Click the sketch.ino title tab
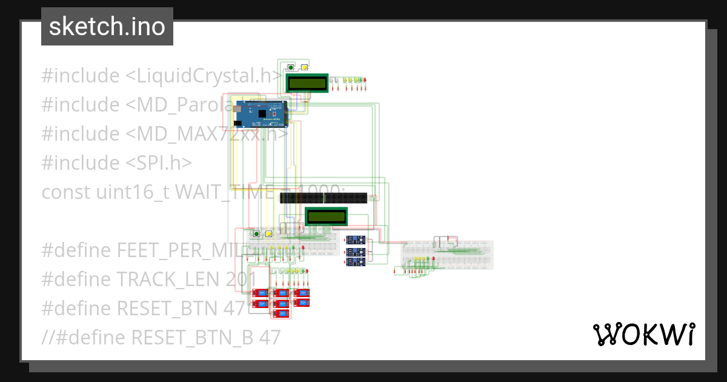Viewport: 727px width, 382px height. [x=107, y=27]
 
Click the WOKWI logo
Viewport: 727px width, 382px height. [x=643, y=334]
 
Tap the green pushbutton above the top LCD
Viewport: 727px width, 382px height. [x=291, y=67]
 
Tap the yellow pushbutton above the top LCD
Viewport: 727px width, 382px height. [x=305, y=67]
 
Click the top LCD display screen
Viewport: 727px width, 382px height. [x=307, y=83]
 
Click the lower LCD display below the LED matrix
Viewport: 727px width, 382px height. [x=326, y=216]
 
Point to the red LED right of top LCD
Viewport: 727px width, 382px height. [x=365, y=79]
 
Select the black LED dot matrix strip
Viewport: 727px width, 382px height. [x=324, y=198]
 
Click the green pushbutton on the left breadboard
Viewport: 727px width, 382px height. [x=256, y=233]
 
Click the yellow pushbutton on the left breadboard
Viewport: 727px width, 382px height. [x=268, y=233]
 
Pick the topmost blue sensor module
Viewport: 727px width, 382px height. [x=355, y=240]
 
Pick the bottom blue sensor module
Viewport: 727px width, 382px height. [x=355, y=262]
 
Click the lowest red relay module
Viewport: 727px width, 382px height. [x=281, y=313]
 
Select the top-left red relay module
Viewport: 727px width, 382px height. [x=261, y=293]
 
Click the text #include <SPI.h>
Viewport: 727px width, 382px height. [x=117, y=163]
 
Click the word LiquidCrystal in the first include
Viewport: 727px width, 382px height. [x=203, y=76]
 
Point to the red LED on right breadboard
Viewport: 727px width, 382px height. [x=433, y=259]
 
